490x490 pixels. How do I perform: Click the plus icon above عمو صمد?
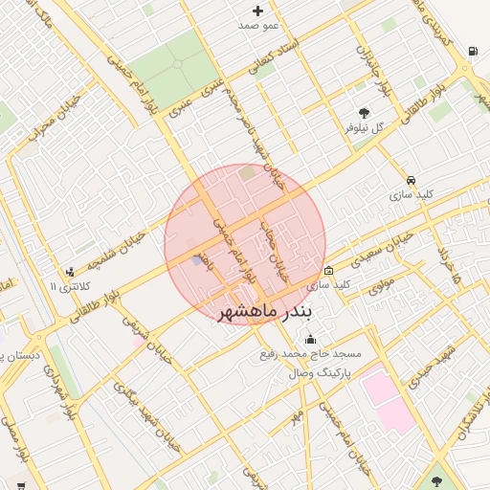(x=257, y=11)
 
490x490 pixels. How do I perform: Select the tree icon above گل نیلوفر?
(x=364, y=113)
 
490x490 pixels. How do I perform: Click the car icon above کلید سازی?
(x=411, y=180)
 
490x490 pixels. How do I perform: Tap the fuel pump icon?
(x=473, y=51)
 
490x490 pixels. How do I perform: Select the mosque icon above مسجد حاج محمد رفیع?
(x=310, y=339)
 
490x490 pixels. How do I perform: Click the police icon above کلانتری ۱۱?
(x=69, y=272)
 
